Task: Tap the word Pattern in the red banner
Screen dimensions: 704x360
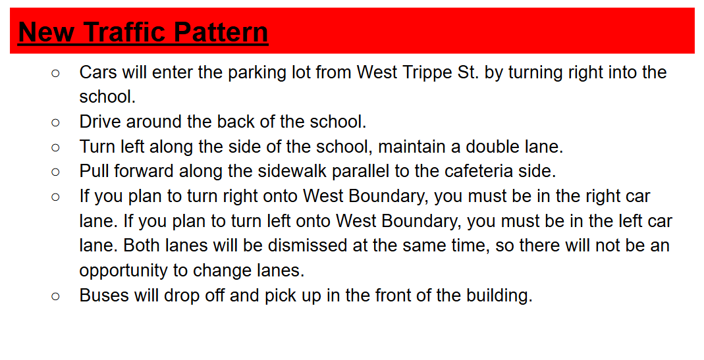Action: pyautogui.click(x=221, y=32)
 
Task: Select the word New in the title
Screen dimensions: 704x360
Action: pyautogui.click(x=46, y=32)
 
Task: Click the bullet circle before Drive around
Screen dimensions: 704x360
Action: pyautogui.click(x=55, y=122)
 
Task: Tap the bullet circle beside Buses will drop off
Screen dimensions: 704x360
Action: pyautogui.click(x=55, y=296)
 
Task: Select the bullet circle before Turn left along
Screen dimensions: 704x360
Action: pyautogui.click(x=55, y=147)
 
